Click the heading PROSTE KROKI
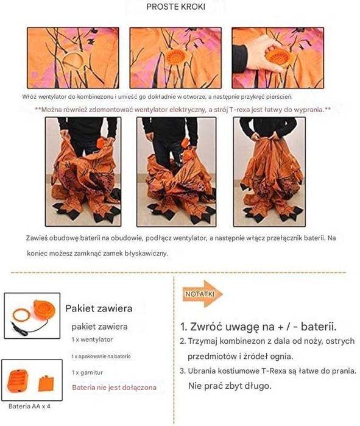point(175,7)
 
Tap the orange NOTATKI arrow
point(202,294)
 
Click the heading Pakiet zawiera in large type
point(99,308)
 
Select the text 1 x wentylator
point(92,339)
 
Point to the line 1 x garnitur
point(88,372)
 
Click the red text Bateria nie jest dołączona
point(115,388)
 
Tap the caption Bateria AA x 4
point(29,406)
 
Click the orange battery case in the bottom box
point(18,380)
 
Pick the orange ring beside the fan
point(21,315)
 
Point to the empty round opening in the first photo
point(72,61)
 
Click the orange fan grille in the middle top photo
point(175,57)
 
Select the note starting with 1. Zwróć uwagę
point(258,327)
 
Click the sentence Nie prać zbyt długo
point(230,386)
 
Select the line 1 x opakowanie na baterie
point(101,356)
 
